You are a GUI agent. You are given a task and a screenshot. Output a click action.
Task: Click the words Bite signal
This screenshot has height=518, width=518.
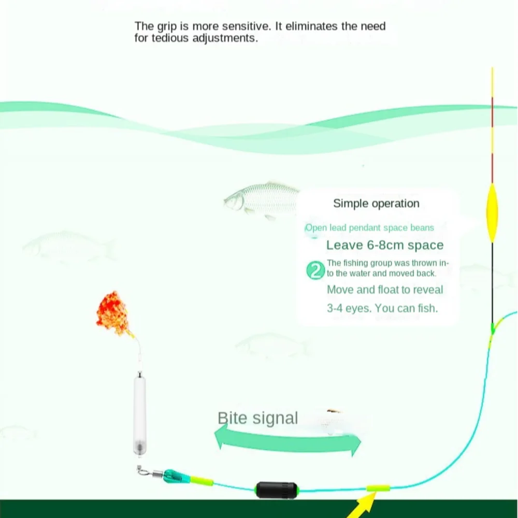pyautogui.click(x=257, y=418)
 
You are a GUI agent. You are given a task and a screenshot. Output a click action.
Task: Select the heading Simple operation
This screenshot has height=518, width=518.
pyautogui.click(x=376, y=204)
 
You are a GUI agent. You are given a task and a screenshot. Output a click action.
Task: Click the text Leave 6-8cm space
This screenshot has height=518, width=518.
pyautogui.click(x=385, y=245)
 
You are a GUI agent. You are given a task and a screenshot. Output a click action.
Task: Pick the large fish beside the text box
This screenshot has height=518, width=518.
pyautogui.click(x=262, y=199)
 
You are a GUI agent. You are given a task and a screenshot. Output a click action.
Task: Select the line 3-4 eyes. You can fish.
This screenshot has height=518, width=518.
pyautogui.click(x=382, y=308)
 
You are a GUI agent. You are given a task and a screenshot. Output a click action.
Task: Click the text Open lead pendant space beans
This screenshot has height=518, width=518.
pyautogui.click(x=369, y=227)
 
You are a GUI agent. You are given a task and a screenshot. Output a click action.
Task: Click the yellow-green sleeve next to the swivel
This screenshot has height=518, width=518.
pyautogui.click(x=201, y=481)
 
